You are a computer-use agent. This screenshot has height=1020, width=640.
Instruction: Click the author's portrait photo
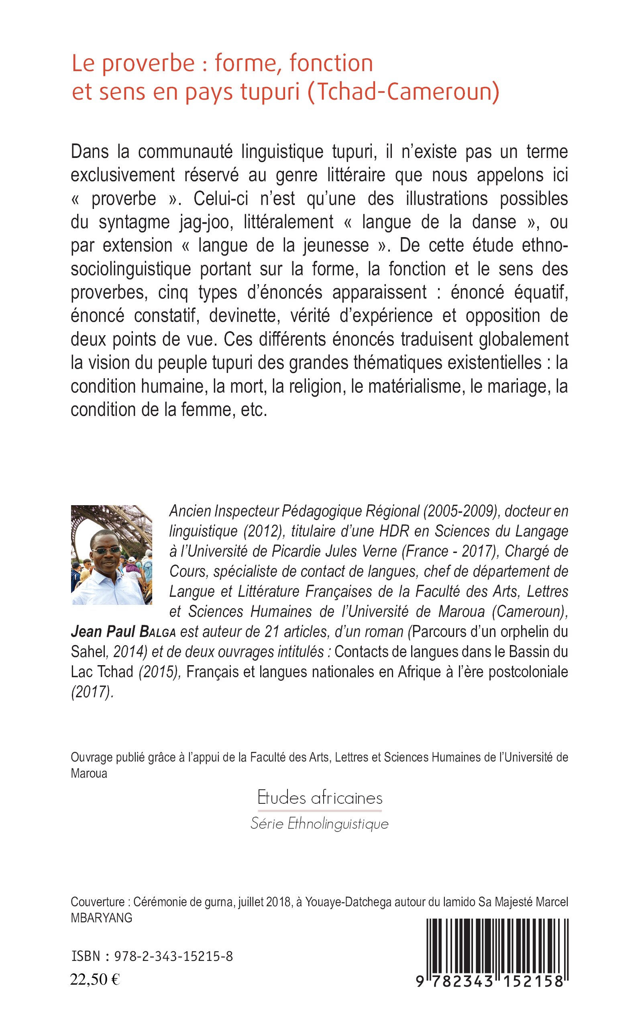pos(111,555)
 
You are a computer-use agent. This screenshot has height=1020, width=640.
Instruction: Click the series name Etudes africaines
pos(320,798)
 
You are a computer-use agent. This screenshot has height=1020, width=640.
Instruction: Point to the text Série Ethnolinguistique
pos(320,824)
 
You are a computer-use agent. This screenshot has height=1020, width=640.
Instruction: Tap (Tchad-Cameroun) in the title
pos(403,92)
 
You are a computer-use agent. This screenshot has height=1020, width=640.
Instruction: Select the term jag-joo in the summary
pos(206,222)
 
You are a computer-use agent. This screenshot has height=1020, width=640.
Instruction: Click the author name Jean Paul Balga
pos(123,631)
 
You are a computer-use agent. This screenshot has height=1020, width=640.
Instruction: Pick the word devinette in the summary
pos(245,316)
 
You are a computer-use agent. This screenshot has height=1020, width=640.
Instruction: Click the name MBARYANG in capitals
pos(102,918)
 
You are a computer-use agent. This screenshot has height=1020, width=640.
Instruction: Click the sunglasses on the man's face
pos(106,550)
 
